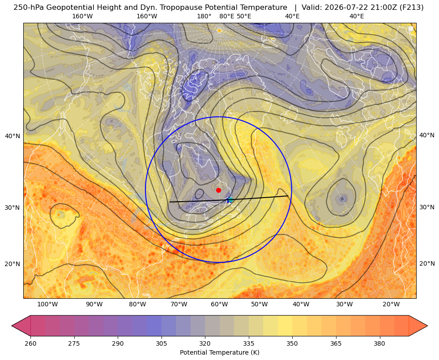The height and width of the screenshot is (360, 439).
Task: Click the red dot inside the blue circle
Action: point(219,190)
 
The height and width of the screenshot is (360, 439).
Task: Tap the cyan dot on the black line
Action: point(230,200)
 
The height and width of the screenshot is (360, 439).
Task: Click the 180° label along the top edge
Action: point(204,16)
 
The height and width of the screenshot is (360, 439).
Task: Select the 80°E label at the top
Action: point(226,16)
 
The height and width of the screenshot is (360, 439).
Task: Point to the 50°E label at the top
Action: point(244,16)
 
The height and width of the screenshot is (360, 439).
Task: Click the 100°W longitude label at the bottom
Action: point(47,305)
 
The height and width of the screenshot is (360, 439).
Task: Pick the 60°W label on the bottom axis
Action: point(219,305)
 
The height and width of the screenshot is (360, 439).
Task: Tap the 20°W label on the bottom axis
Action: point(391,305)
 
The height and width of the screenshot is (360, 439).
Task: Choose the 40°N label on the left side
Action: point(13,136)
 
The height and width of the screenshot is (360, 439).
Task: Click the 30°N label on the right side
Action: point(427,207)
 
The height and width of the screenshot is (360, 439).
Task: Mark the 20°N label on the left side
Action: point(13,264)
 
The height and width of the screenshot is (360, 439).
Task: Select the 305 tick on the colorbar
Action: point(161,343)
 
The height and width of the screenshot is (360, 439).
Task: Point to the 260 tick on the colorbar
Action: point(30,343)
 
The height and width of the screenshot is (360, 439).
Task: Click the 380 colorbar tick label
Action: point(379,343)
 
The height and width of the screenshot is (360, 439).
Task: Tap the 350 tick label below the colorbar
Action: point(292,343)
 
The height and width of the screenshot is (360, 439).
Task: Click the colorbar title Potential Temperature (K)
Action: point(219,352)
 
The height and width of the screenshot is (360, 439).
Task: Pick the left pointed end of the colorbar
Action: point(12,326)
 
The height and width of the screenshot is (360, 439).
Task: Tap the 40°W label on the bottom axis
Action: point(301,305)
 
